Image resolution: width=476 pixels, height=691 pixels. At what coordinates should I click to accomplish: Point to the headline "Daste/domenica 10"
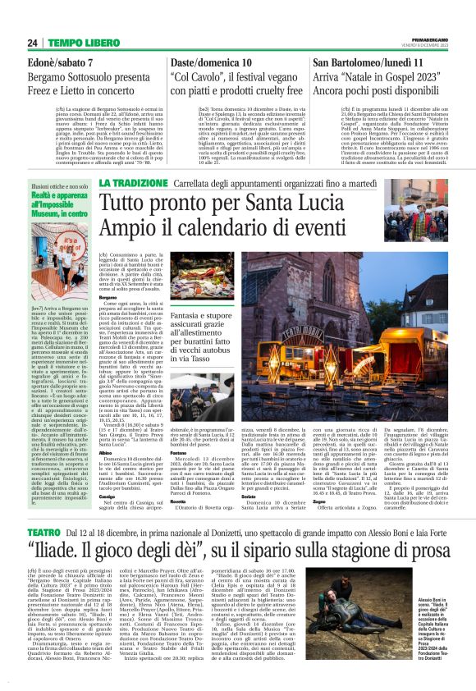[214, 64]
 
